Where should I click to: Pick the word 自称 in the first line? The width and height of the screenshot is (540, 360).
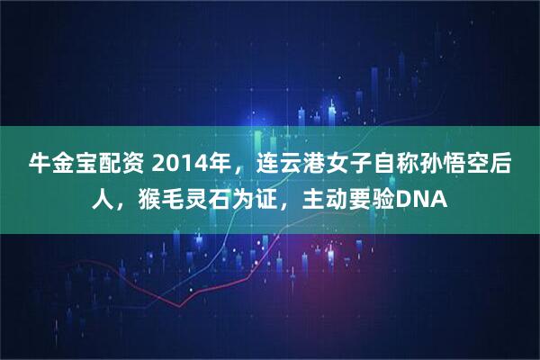397,166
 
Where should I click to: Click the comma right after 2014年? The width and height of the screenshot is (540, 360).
238,171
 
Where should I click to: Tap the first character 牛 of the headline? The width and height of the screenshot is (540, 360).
40,166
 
